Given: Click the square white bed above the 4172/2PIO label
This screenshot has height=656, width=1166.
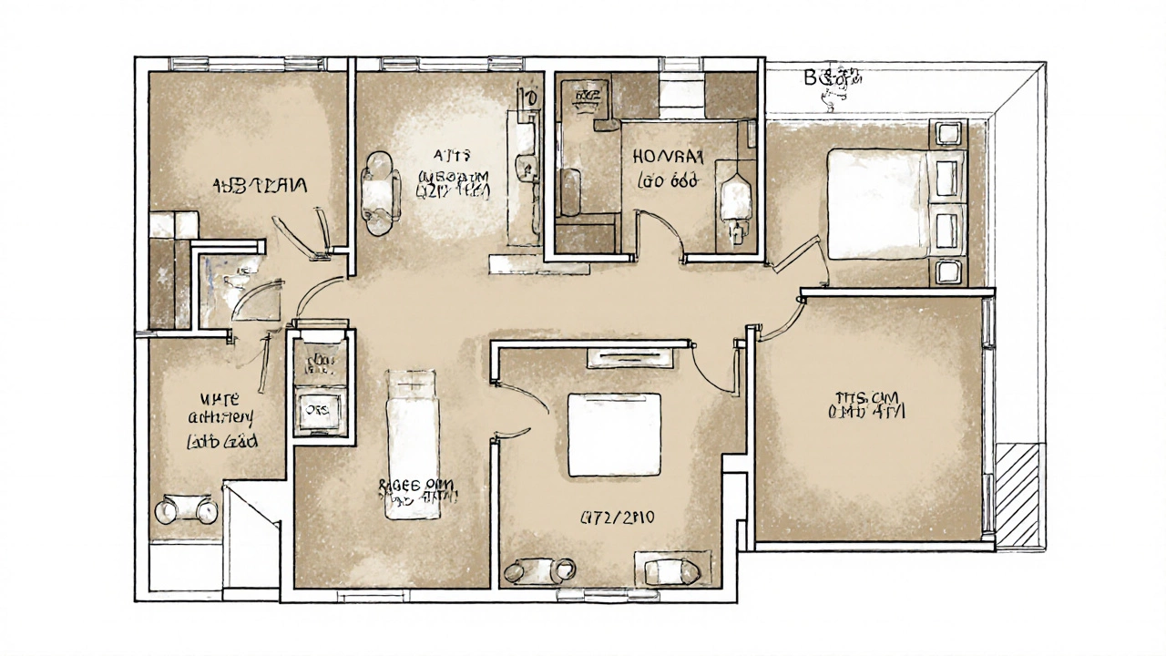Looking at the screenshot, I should (x=614, y=434).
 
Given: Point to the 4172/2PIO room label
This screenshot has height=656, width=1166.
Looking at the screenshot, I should (x=618, y=518).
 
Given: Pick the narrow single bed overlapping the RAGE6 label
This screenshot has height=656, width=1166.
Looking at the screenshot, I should (x=412, y=444).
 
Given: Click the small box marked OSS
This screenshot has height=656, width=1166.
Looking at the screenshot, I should (x=318, y=409).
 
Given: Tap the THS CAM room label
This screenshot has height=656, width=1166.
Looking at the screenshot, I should (x=866, y=405).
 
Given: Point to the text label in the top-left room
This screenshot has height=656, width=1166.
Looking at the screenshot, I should (x=261, y=185).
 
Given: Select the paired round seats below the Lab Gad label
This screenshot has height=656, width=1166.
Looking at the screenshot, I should (x=187, y=510).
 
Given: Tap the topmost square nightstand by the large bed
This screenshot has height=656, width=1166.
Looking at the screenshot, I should (x=948, y=133).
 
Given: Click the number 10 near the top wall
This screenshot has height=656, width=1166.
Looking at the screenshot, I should (x=526, y=97).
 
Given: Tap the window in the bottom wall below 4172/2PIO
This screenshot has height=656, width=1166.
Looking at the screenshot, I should (x=598, y=595).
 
